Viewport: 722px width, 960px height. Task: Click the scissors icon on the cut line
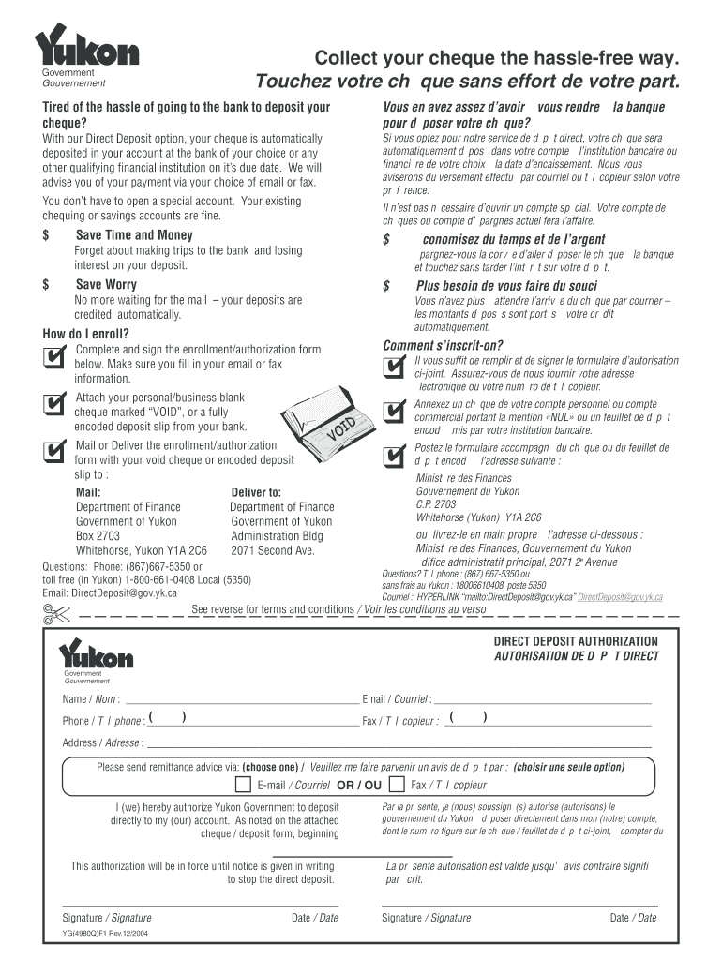pyautogui.click(x=55, y=613)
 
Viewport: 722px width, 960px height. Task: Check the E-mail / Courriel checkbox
pyautogui.click(x=241, y=785)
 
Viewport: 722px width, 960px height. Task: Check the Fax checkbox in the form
pyautogui.click(x=397, y=785)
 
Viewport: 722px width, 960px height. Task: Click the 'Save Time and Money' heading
pyautogui.click(x=134, y=235)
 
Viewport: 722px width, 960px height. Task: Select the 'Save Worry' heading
pyautogui.click(x=106, y=284)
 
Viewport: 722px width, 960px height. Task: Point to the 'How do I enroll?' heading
pyautogui.click(x=85, y=334)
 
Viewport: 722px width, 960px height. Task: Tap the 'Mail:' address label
pyautogui.click(x=88, y=492)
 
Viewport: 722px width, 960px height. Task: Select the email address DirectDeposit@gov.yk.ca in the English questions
pyautogui.click(x=124, y=592)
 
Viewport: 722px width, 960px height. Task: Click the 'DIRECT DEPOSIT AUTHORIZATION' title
pyautogui.click(x=576, y=641)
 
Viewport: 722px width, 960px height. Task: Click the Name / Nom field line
pyautogui.click(x=241, y=699)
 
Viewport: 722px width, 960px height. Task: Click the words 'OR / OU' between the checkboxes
pyautogui.click(x=358, y=786)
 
